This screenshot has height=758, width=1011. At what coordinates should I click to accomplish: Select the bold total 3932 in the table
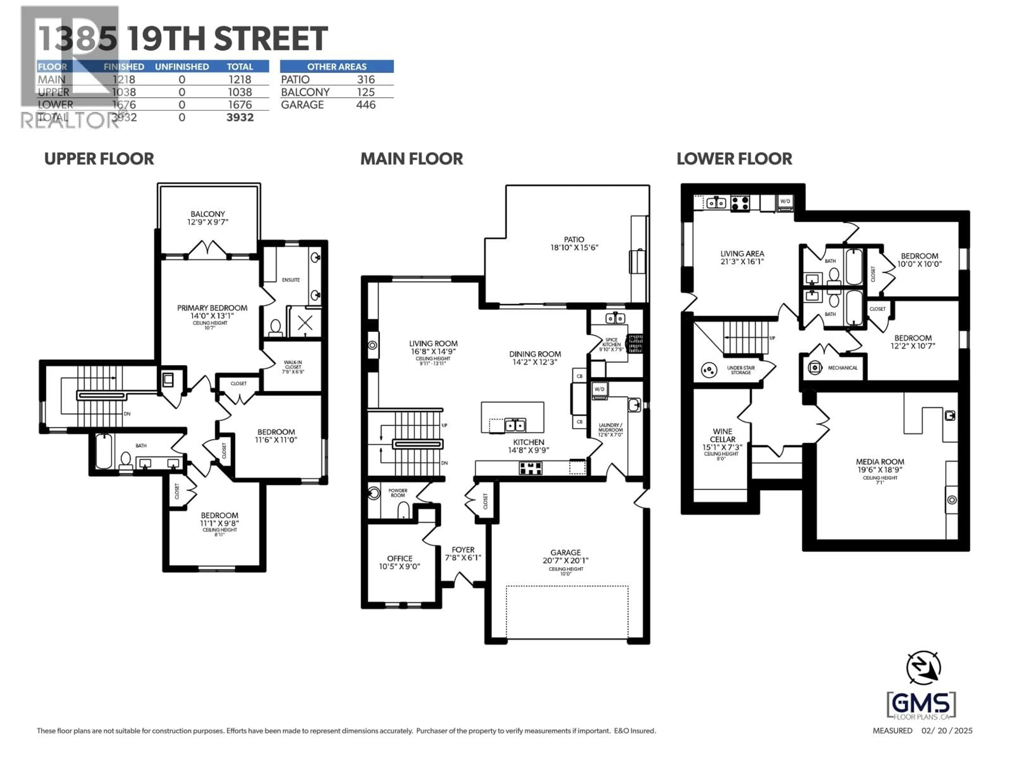[x=240, y=117]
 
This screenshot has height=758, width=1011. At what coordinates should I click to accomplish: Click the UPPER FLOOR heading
[x=99, y=159]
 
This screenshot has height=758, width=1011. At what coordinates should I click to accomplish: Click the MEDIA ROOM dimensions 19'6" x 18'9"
[x=880, y=470]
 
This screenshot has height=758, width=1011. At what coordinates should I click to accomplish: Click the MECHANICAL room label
[x=842, y=368]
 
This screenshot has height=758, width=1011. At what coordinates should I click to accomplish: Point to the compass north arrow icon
[x=923, y=667]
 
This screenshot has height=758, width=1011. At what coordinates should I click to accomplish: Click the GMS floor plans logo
[x=921, y=705]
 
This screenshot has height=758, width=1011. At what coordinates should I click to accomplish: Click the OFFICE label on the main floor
[x=399, y=558]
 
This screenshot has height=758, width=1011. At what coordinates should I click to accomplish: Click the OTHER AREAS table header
[x=336, y=67]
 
